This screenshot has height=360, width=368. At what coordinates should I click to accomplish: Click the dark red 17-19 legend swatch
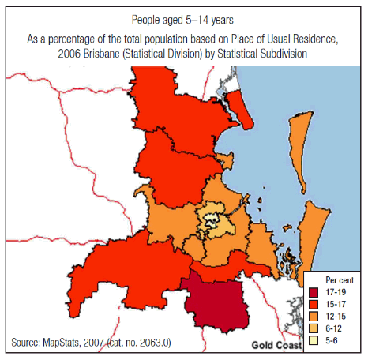(x=314, y=292)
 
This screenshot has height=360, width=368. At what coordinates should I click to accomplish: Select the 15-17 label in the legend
(x=338, y=304)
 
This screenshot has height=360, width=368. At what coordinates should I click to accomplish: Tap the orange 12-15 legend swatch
(x=314, y=316)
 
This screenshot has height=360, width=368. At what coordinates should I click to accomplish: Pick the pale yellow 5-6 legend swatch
(x=314, y=339)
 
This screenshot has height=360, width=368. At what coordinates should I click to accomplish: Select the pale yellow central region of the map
(x=212, y=221)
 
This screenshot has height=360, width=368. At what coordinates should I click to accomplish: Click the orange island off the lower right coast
(x=314, y=229)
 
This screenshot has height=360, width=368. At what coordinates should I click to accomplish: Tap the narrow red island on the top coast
(x=246, y=111)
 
